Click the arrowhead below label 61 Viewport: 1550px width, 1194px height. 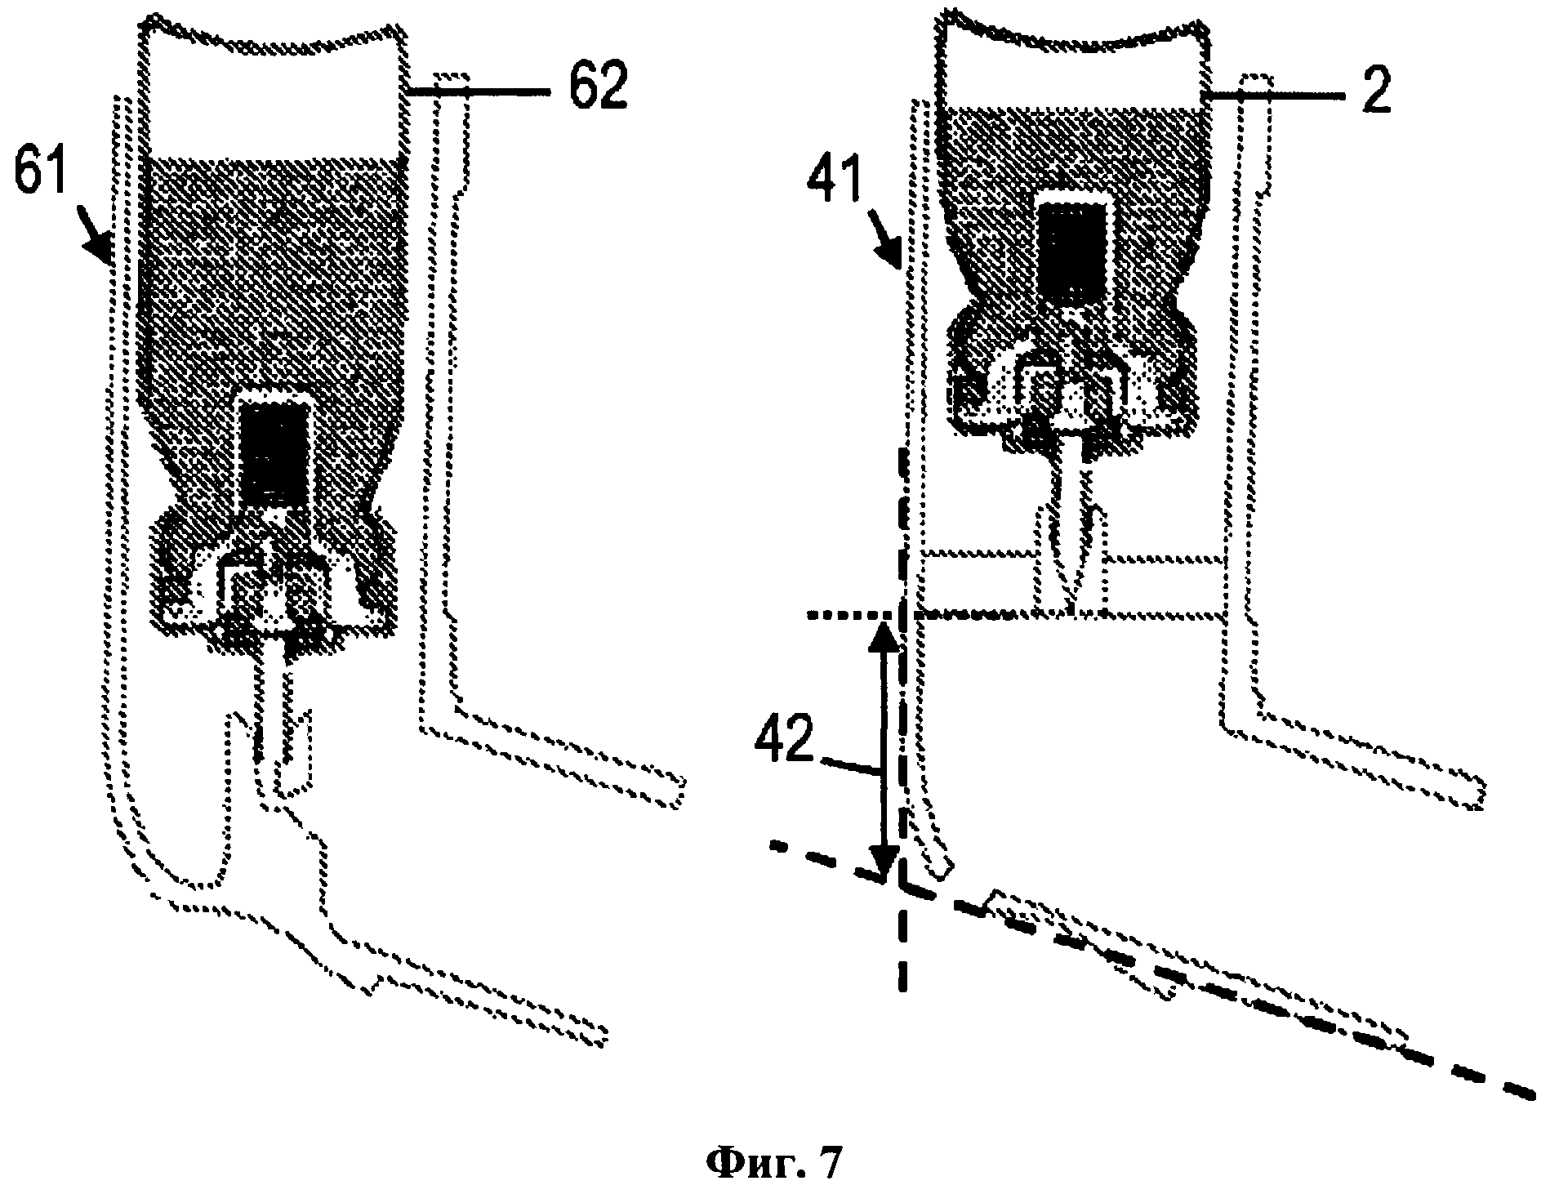click(x=102, y=249)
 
